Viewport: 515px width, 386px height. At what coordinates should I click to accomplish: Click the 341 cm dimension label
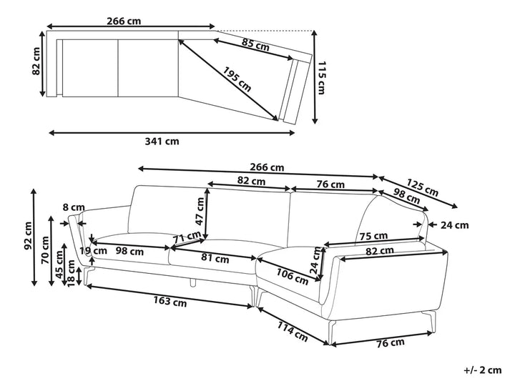coord(162,142)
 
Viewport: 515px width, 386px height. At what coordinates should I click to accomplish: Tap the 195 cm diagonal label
coord(237,79)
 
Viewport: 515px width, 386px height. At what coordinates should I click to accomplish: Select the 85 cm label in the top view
coord(255,44)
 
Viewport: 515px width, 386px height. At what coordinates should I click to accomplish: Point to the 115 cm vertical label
coord(321,78)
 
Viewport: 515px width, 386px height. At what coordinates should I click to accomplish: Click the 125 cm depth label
coord(423,187)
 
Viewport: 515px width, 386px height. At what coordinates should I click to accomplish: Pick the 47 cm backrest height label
coord(200,211)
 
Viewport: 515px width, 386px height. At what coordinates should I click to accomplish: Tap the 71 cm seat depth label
coord(187,237)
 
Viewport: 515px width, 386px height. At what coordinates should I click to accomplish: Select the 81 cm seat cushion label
coord(215,259)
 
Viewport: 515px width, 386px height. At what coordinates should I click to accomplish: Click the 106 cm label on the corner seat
coord(292,277)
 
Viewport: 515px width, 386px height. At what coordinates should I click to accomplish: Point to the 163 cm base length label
coord(170,301)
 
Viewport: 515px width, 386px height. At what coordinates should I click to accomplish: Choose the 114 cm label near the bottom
coord(293,331)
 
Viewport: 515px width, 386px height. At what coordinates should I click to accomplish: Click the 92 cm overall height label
coord(28,236)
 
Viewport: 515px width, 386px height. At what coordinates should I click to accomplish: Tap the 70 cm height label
coord(45,249)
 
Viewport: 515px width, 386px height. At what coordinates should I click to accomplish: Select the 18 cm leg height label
coord(71,273)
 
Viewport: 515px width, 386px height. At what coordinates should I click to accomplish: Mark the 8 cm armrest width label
coord(74,208)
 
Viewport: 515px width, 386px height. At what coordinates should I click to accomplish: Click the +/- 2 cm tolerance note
coord(483,370)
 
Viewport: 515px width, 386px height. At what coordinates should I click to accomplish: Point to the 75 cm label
coord(373,236)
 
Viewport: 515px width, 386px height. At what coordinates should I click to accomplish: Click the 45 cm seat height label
coord(59,264)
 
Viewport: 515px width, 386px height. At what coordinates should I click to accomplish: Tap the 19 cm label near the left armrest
coord(94,251)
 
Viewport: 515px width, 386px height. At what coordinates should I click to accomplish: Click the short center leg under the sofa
coord(193,282)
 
